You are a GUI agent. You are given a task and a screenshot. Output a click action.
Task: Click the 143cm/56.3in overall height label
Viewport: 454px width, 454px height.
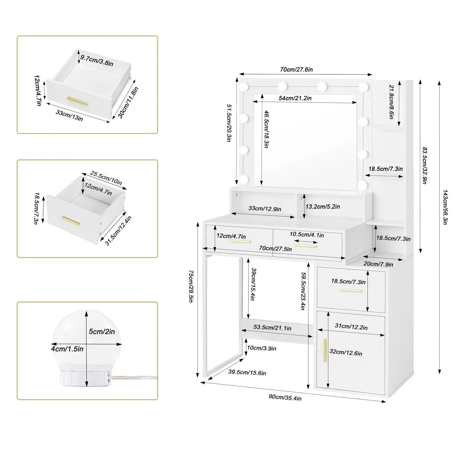445,207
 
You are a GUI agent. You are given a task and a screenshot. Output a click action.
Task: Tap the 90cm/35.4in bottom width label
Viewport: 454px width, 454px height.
285,398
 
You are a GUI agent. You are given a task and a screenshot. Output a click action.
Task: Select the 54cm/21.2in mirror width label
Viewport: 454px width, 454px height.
295,98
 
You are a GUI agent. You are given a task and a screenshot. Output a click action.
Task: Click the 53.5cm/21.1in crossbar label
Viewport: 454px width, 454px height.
272,328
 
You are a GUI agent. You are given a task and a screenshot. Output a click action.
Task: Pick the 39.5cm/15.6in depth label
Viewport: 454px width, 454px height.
247,373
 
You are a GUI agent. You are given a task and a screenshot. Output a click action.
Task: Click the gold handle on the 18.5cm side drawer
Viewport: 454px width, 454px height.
350,290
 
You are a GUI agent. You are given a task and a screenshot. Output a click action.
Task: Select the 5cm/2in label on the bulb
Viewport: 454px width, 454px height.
102,331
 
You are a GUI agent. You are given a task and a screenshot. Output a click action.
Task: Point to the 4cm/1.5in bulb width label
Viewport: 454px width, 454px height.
67,348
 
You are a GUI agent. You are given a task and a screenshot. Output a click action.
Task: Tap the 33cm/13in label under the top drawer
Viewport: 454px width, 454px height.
69,115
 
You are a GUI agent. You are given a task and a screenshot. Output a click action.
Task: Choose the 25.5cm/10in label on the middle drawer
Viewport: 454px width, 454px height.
106,178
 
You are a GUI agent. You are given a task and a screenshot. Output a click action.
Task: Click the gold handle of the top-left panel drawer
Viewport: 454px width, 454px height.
77,100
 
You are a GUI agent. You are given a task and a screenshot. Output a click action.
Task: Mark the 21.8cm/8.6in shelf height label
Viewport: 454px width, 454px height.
391,102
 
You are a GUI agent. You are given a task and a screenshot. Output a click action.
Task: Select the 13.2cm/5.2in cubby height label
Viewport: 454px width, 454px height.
322,207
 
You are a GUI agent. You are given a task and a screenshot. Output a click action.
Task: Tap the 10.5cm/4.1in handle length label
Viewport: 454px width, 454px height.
306,235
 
